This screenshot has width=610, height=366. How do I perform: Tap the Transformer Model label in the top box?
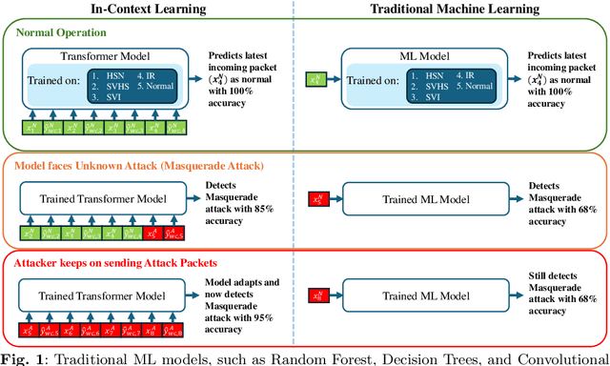(x=106, y=55)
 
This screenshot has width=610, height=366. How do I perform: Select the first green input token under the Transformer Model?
(x=30, y=126)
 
